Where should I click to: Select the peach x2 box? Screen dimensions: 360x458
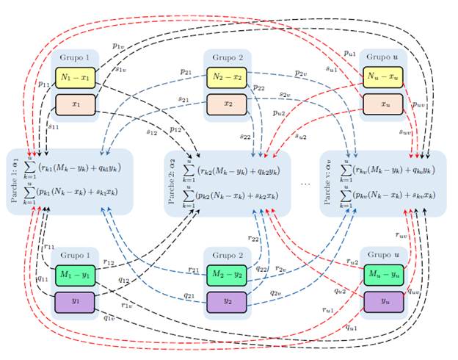[228, 104]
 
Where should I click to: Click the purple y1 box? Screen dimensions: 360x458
[75, 301]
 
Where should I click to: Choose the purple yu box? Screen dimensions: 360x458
[382, 301]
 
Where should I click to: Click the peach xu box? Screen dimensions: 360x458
[382, 104]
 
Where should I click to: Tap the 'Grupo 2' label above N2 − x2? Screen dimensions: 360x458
[228, 57]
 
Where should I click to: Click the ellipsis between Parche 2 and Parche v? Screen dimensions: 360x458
[307, 183]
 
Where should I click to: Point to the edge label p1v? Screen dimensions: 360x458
[118, 46]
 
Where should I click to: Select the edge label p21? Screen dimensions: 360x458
[186, 71]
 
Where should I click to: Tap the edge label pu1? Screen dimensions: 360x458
[349, 53]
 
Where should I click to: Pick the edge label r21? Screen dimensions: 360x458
[194, 270]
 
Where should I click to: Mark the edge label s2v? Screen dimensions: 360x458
[286, 95]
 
